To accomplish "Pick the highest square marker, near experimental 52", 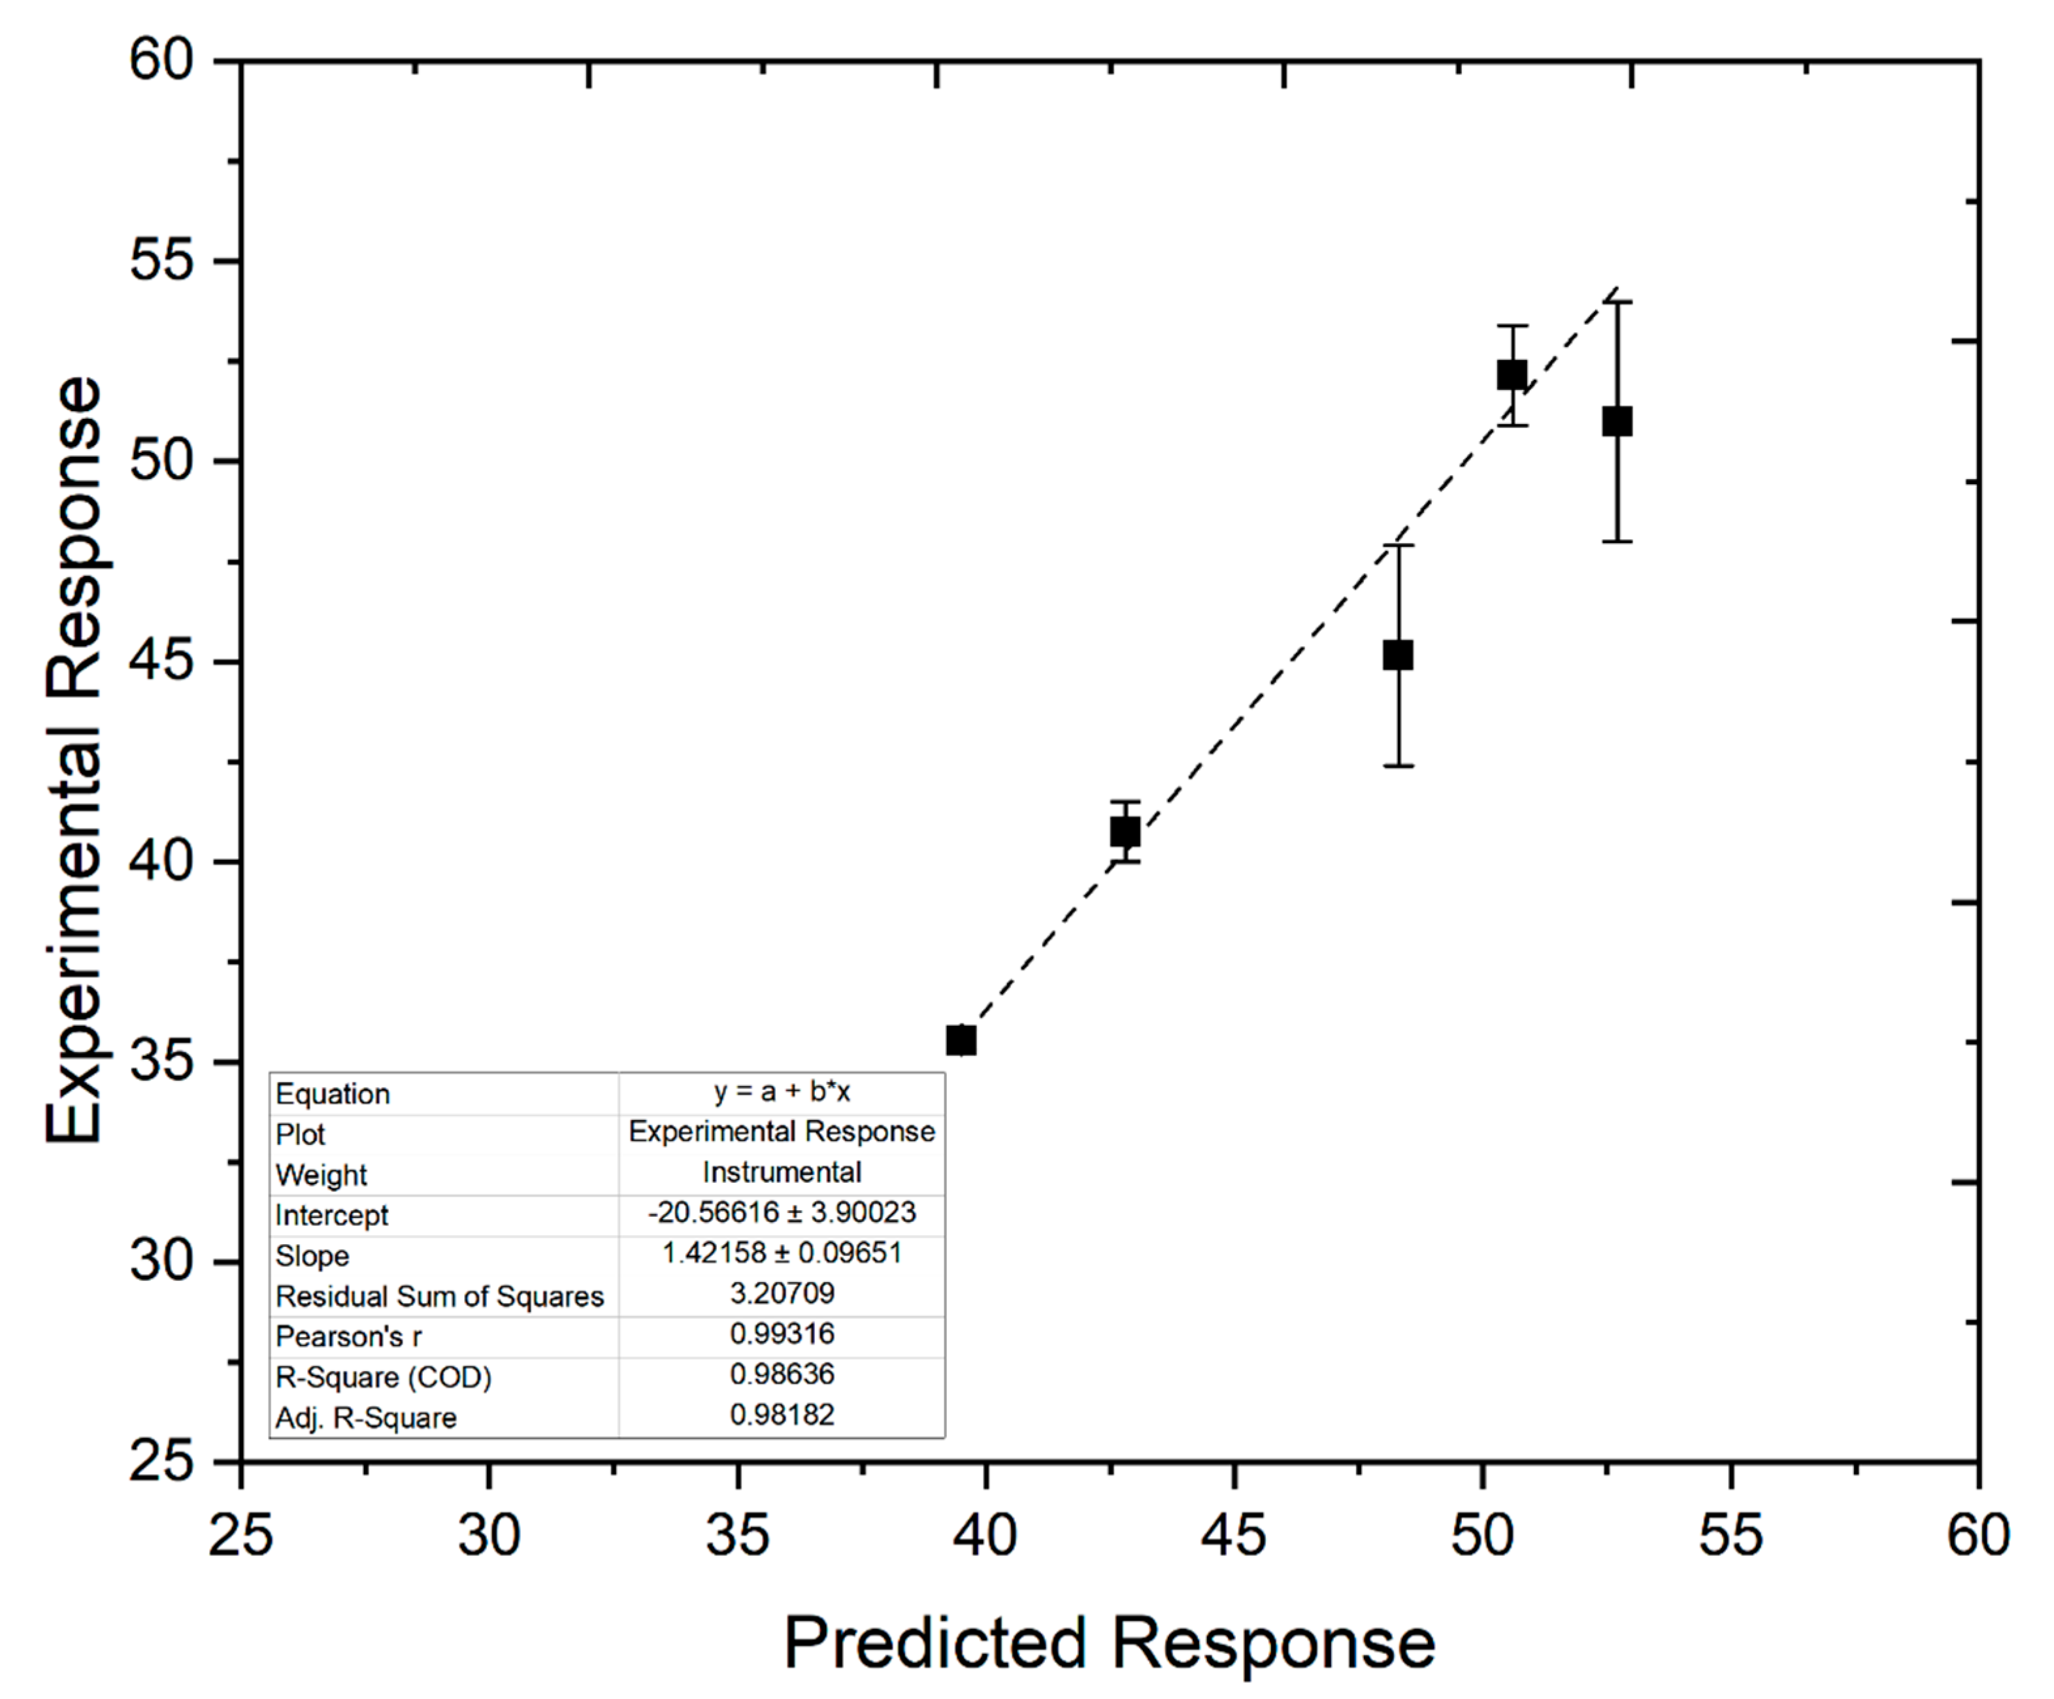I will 1512,374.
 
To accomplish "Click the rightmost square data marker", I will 1617,421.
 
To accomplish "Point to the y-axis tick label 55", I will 162,261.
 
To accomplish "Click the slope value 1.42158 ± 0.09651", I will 782,1253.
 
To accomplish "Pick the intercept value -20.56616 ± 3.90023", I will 782,1213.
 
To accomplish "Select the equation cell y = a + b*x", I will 782,1091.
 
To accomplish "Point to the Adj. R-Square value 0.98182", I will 782,1414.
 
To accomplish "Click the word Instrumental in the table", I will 782,1172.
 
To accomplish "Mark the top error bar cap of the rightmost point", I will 1617,303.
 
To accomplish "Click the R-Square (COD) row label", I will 384,1377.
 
